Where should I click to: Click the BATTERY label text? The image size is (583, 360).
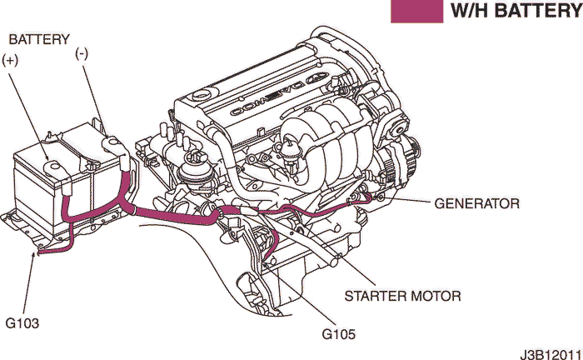38,39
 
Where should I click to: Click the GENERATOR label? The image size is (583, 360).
477,203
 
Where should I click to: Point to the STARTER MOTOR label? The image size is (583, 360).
402,296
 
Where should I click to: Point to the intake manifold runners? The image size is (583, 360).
325,146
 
